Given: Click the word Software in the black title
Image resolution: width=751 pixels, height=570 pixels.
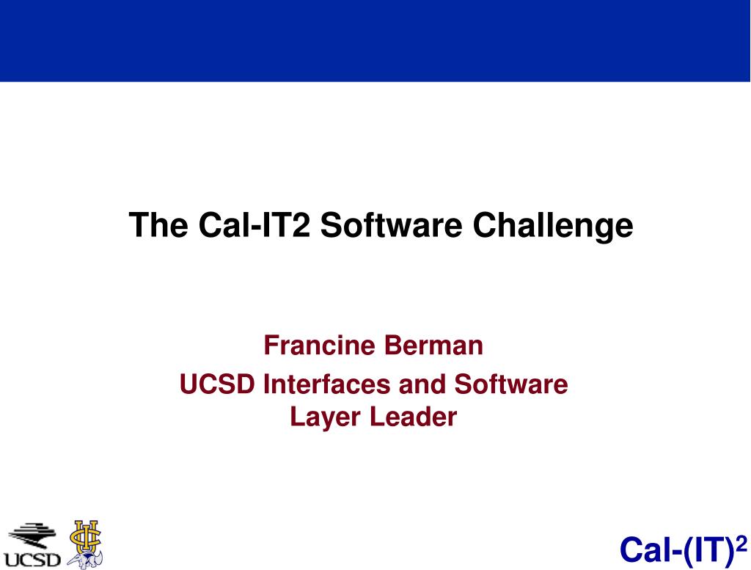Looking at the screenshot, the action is [391, 224].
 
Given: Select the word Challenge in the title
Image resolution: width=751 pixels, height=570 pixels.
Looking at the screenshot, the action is [553, 226].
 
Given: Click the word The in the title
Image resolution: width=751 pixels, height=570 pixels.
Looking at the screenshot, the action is [158, 224].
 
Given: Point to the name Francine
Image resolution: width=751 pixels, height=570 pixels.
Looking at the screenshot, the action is [320, 345].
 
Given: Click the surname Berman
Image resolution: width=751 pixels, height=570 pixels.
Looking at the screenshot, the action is [433, 345].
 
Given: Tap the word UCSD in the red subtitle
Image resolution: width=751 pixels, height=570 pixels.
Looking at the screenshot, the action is [217, 384].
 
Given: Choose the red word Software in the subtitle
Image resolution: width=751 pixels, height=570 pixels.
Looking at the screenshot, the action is [510, 384].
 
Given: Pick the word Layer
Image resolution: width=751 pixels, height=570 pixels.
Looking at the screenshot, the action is [326, 417].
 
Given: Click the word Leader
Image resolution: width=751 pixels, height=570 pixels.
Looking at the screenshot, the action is [414, 416].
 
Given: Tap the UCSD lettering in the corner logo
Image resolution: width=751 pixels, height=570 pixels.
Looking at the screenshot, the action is [32, 560].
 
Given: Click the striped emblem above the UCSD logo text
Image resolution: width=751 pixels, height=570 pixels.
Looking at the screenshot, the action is [32, 535].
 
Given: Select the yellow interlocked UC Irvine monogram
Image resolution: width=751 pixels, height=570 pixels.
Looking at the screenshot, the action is [87, 536].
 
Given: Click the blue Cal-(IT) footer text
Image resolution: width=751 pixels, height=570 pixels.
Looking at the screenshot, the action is [677, 550].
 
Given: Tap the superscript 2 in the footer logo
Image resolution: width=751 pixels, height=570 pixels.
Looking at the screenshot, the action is [741, 544].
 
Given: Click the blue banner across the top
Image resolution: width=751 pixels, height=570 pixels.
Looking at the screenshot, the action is [375, 41].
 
